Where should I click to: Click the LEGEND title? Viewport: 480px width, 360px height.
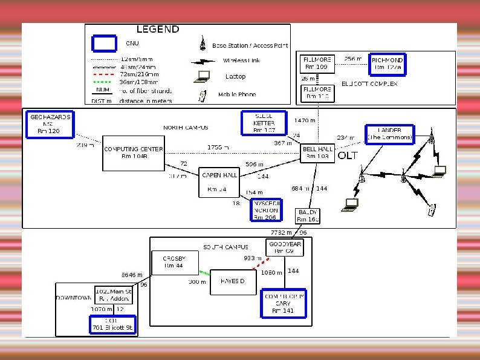pyautogui.click(x=158, y=29)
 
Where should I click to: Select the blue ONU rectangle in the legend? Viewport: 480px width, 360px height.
pyautogui.click(x=104, y=44)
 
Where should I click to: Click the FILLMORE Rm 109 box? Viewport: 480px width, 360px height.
pyautogui.click(x=316, y=64)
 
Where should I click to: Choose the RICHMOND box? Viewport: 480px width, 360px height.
pyautogui.click(x=387, y=64)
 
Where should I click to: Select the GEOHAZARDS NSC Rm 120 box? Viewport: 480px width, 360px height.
pyautogui.click(x=50, y=123)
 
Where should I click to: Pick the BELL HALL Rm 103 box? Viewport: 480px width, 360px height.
pyautogui.click(x=317, y=152)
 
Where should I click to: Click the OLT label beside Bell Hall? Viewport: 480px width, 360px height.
pyautogui.click(x=348, y=155)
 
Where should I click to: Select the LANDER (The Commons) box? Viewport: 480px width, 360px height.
pyautogui.click(x=389, y=134)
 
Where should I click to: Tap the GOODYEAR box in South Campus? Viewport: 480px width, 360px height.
pyautogui.click(x=284, y=247)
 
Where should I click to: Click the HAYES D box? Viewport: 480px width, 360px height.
pyautogui.click(x=232, y=282)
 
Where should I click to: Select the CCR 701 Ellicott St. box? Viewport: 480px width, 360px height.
pyautogui.click(x=111, y=325)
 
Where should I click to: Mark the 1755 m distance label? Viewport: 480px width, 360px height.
pyautogui.click(x=218, y=147)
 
